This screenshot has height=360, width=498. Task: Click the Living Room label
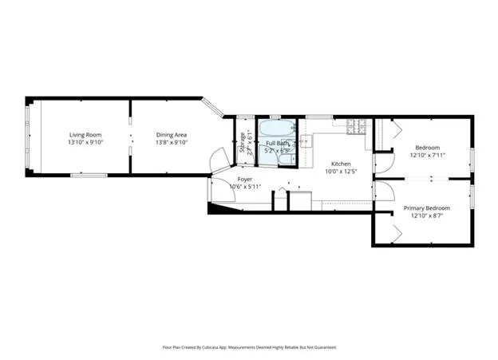coord(84,135)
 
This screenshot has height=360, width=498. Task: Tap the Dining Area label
coord(171,135)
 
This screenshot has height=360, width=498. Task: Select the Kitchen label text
coord(341,163)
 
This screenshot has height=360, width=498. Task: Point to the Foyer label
coord(245,180)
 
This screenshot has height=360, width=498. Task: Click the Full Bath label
coord(277,142)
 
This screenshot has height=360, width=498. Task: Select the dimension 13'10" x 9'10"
coord(84,144)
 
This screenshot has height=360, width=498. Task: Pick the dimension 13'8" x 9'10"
coord(171,144)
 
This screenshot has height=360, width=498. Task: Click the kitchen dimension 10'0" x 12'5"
coord(341,171)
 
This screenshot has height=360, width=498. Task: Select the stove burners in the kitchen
coord(356,126)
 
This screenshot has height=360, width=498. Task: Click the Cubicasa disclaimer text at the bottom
coord(249,347)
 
